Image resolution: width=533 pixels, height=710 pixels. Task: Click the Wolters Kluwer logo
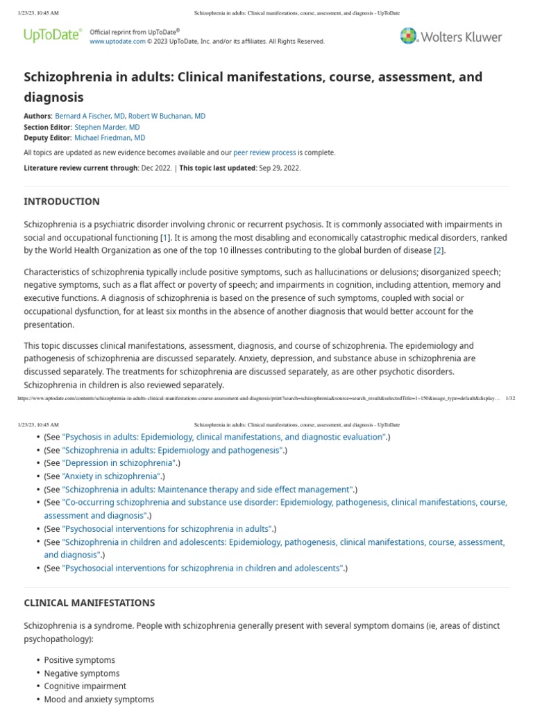point(450,36)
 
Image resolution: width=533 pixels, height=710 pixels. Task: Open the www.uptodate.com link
point(117,42)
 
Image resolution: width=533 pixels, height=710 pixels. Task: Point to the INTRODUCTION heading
point(62,202)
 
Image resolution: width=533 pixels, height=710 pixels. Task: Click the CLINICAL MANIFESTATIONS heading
point(90,603)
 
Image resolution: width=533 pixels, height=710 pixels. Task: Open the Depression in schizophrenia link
point(119,463)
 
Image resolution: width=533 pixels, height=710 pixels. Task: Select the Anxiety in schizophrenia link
point(112,476)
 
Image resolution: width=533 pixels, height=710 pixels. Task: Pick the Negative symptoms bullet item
point(82,673)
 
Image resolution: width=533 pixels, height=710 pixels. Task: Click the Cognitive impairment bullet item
point(85,686)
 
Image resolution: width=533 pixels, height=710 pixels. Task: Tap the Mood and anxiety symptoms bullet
point(99,700)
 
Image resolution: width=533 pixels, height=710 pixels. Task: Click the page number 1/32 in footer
point(510,399)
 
